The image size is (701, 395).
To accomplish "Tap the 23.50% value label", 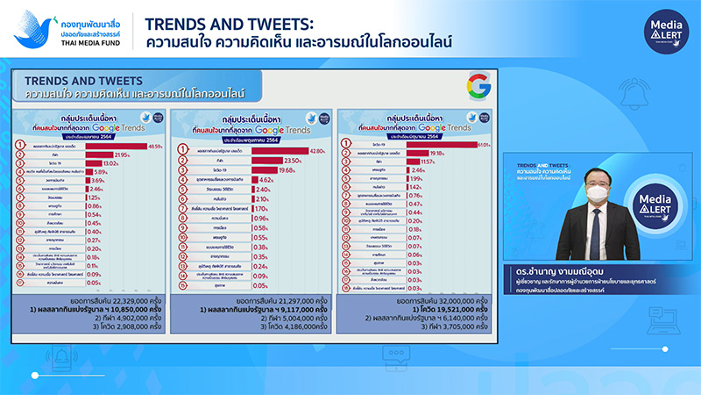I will (x=289, y=161).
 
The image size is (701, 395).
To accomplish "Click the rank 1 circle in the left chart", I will (x=21, y=146).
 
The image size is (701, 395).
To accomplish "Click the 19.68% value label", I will (x=283, y=170).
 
